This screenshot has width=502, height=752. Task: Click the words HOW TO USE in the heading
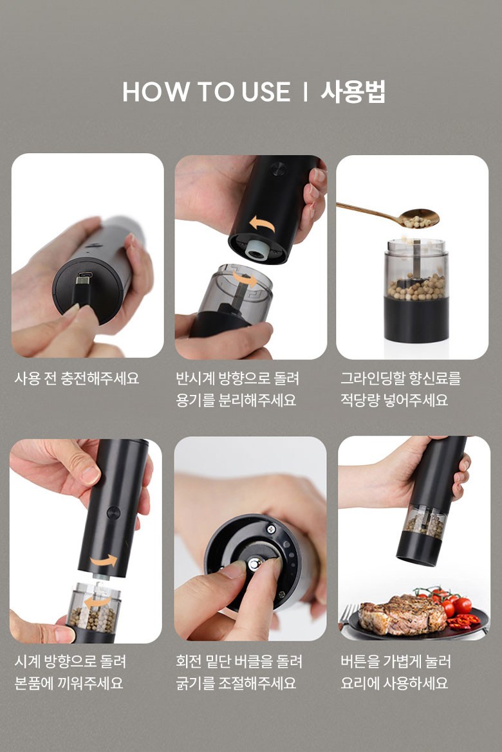[207, 91]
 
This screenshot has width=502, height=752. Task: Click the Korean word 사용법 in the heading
[353, 91]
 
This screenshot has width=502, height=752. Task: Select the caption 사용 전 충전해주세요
[77, 378]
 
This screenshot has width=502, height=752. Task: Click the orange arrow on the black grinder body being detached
[262, 223]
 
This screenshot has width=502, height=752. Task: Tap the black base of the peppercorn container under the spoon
[416, 320]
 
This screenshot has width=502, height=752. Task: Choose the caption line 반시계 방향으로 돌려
[237, 378]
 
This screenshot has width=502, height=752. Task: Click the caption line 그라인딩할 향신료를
[400, 378]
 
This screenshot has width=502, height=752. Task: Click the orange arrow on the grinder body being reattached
[104, 561]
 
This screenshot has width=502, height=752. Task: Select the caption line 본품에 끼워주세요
[69, 683]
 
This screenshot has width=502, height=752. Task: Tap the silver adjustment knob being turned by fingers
[254, 564]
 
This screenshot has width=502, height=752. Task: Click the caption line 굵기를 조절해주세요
[236, 683]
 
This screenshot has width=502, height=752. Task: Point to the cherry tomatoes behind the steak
[445, 601]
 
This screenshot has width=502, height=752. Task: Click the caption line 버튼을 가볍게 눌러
[395, 662]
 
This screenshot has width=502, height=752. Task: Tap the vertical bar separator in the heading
[305, 91]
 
